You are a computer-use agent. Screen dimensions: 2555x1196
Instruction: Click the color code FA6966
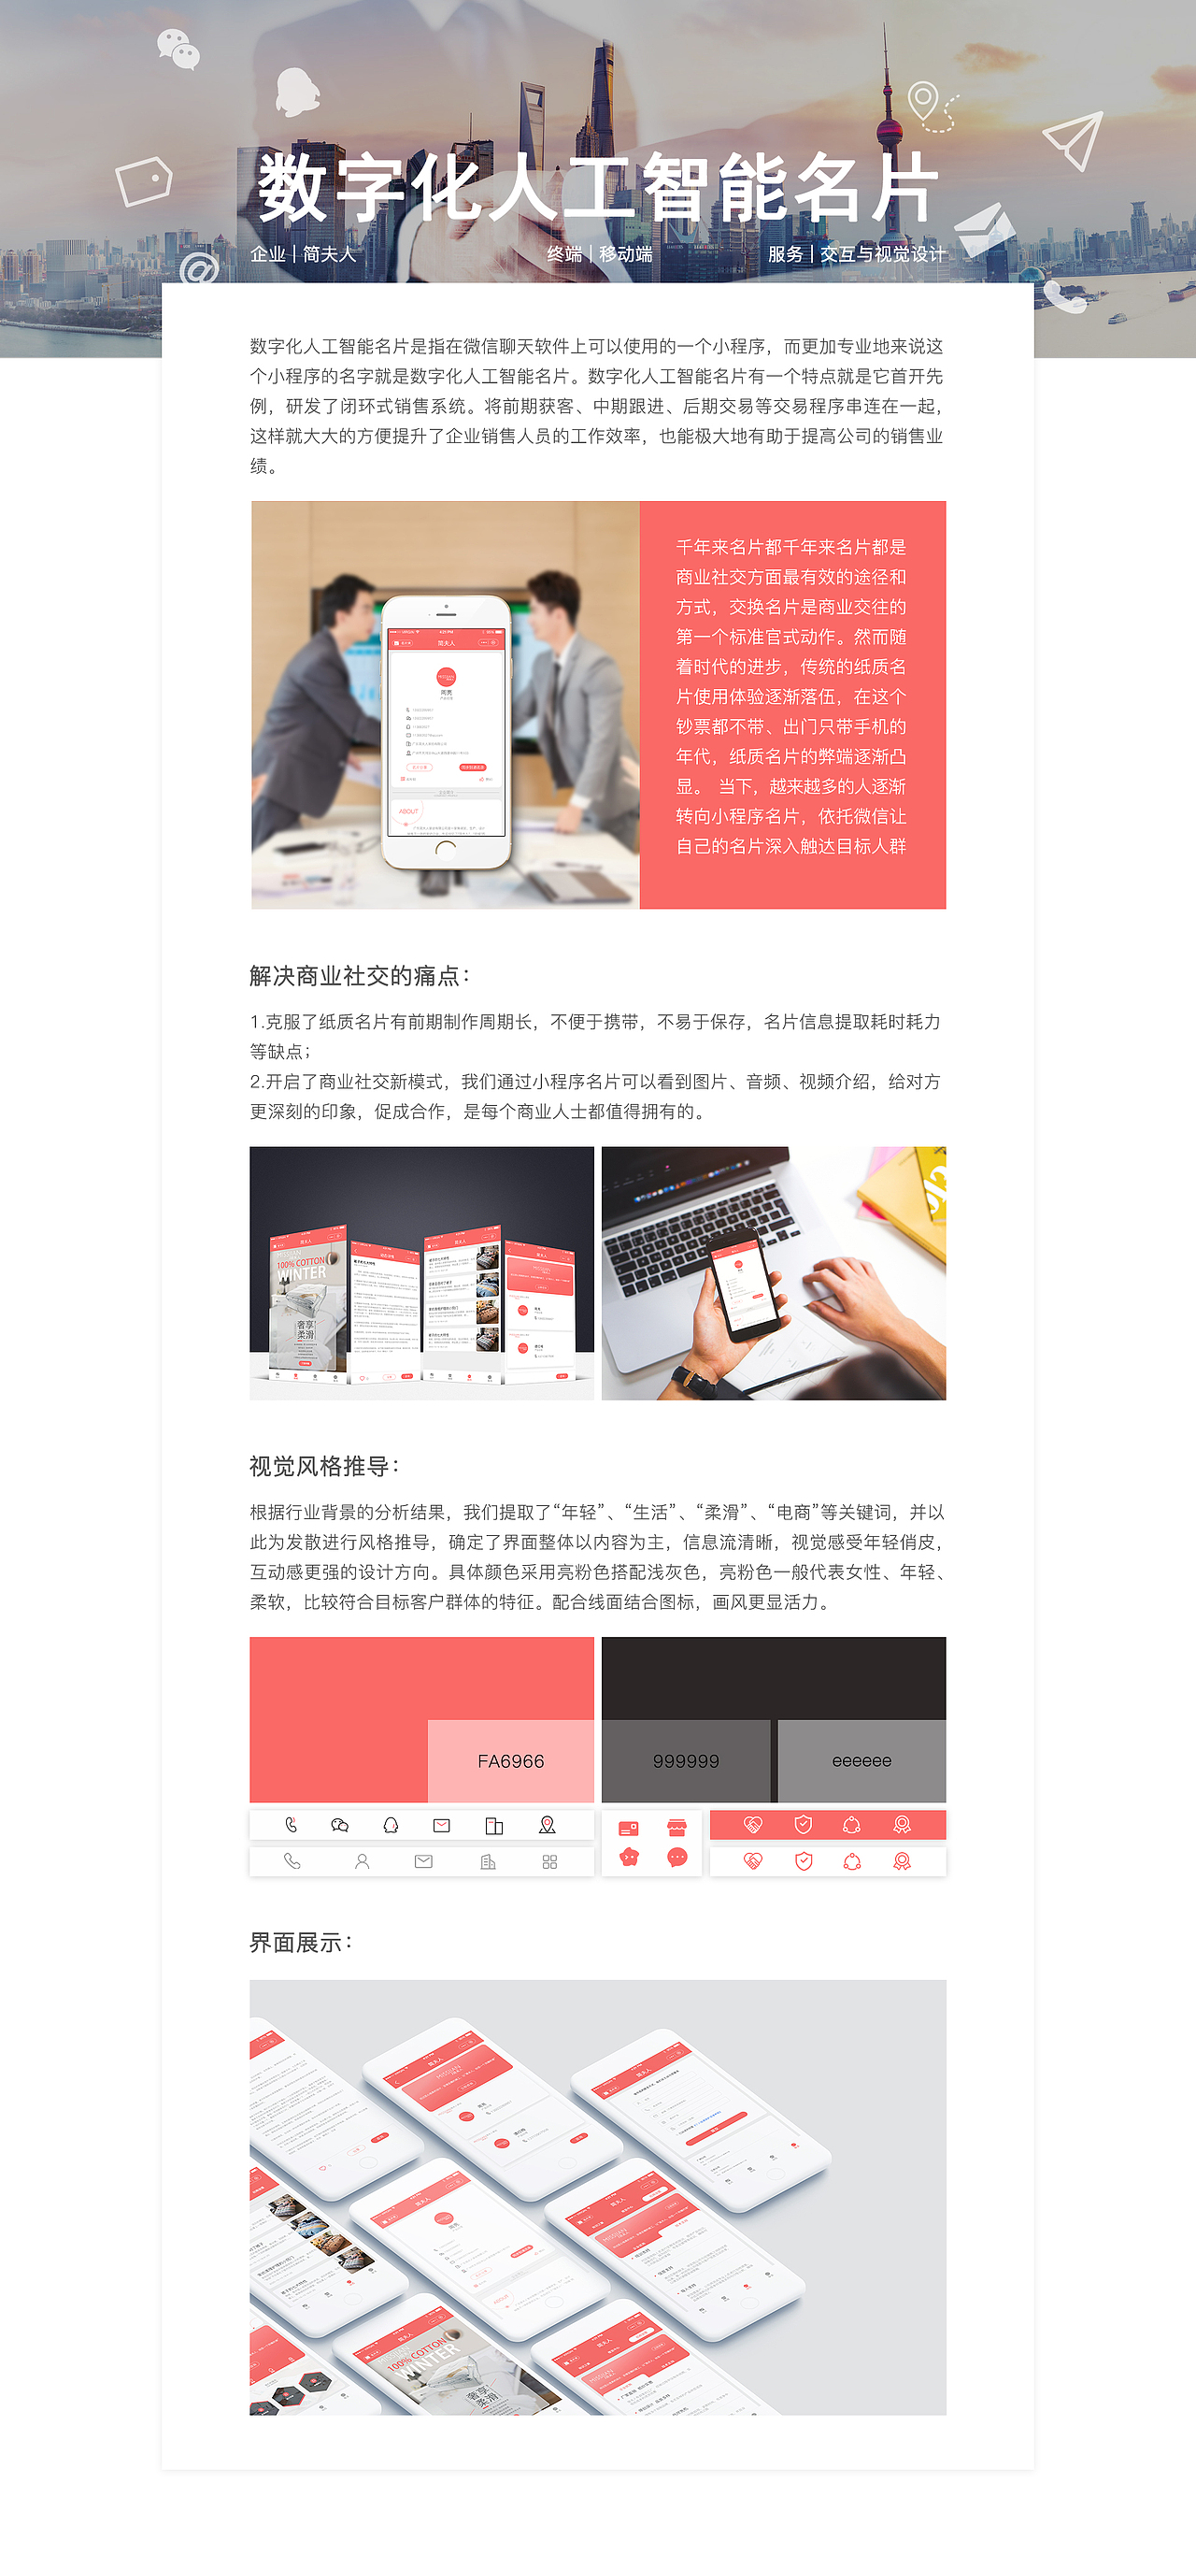click(x=511, y=1760)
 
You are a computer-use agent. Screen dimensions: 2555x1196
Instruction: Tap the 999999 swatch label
click(x=685, y=1760)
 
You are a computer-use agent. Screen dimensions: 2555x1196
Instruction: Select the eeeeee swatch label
click(x=861, y=1760)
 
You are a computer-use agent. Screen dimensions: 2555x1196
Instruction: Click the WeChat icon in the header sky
click(x=178, y=50)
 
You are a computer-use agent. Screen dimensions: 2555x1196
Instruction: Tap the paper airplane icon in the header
click(x=1073, y=139)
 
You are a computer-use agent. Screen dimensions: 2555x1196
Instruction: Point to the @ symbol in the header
click(x=199, y=269)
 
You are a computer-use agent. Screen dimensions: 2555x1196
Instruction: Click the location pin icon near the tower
click(x=923, y=101)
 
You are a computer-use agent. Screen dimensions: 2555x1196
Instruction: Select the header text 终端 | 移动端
click(x=599, y=254)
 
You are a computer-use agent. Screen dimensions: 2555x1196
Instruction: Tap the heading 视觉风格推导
click(x=323, y=1466)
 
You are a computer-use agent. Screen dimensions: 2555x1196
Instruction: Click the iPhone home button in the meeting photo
click(x=447, y=849)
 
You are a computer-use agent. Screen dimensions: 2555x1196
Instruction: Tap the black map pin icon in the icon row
click(x=547, y=1825)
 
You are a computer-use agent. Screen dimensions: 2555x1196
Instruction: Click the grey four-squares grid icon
click(x=549, y=1861)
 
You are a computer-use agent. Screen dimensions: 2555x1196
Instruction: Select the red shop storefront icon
click(x=676, y=1827)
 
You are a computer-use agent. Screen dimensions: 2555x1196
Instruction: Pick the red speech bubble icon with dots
click(x=676, y=1858)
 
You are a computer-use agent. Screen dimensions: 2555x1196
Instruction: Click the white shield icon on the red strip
click(x=804, y=1825)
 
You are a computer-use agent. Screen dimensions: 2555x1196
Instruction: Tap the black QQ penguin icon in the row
click(x=391, y=1825)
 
